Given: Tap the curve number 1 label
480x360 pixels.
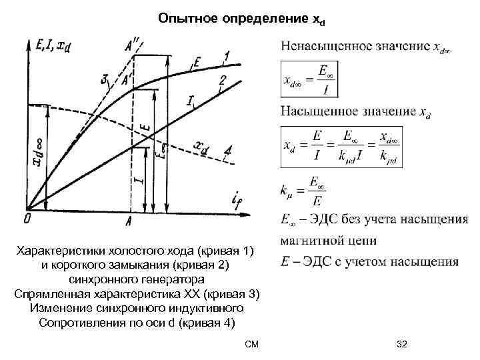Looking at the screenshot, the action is [x=227, y=55].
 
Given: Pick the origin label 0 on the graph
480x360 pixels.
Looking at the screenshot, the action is [x=27, y=219].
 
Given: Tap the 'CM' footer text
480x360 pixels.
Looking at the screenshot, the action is [x=251, y=344].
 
